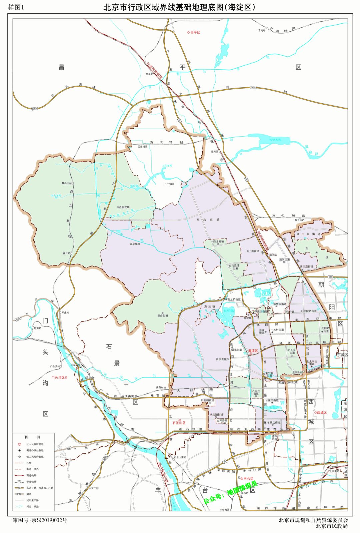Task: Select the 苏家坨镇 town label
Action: [124, 207]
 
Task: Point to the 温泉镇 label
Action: [134, 244]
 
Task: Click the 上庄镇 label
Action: [168, 184]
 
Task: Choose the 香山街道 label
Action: [163, 315]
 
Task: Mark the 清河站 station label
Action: [273, 255]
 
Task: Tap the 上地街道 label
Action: [254, 251]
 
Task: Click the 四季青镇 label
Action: [221, 359]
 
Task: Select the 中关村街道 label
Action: [277, 330]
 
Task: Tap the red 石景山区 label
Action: [179, 423]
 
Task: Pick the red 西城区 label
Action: [322, 412]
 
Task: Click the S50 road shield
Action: [330, 277]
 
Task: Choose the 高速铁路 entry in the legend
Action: [32, 475]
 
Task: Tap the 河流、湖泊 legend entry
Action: [33, 506]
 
